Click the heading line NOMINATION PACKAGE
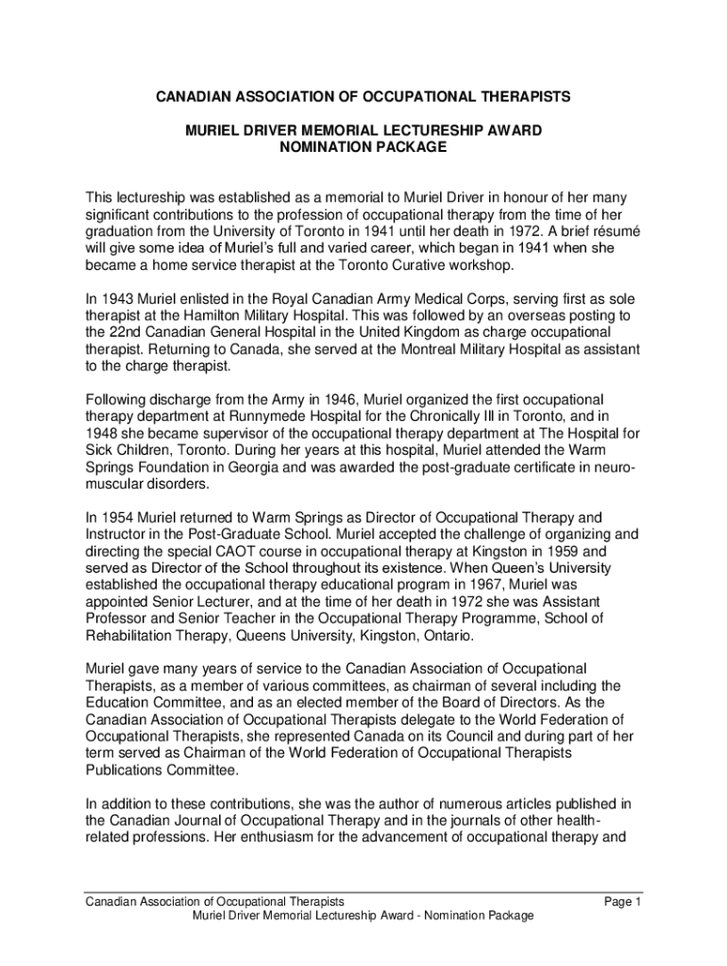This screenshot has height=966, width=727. pyautogui.click(x=363, y=147)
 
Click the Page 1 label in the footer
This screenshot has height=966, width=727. pyautogui.click(x=623, y=903)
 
